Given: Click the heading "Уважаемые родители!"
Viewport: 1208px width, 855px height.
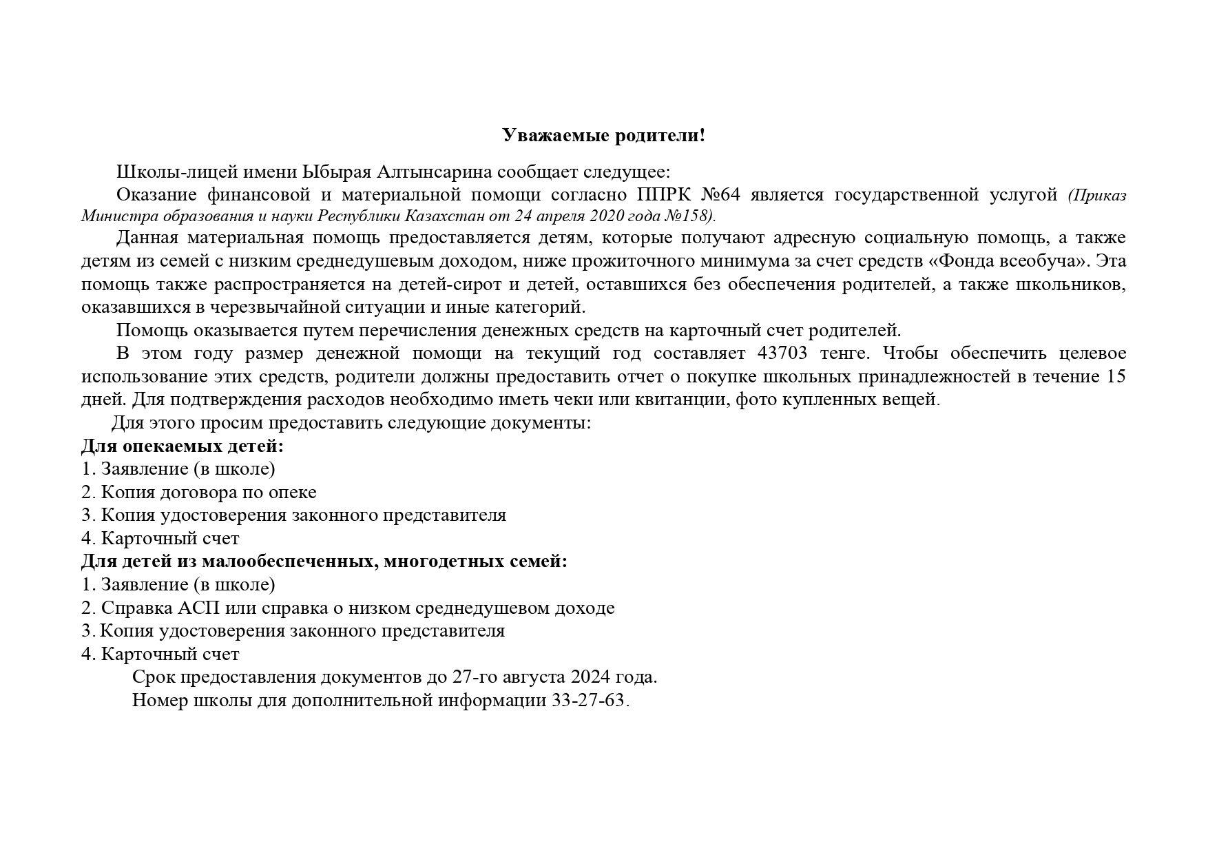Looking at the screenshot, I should [603, 135].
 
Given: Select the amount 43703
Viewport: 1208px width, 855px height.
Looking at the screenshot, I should [783, 353].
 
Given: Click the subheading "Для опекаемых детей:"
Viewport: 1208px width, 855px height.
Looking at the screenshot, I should [183, 446].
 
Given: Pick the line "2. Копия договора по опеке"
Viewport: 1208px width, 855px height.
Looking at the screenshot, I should [199, 492].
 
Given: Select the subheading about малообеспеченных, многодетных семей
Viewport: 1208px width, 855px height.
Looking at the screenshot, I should [324, 562].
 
